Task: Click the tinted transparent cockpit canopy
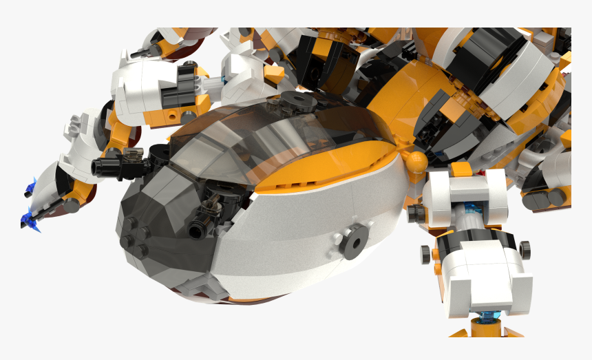coord(275,141)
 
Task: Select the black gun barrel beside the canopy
coord(110,166)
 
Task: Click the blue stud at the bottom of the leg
coord(485,317)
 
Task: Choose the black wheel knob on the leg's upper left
coord(415,213)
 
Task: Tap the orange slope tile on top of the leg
coord(462,168)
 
